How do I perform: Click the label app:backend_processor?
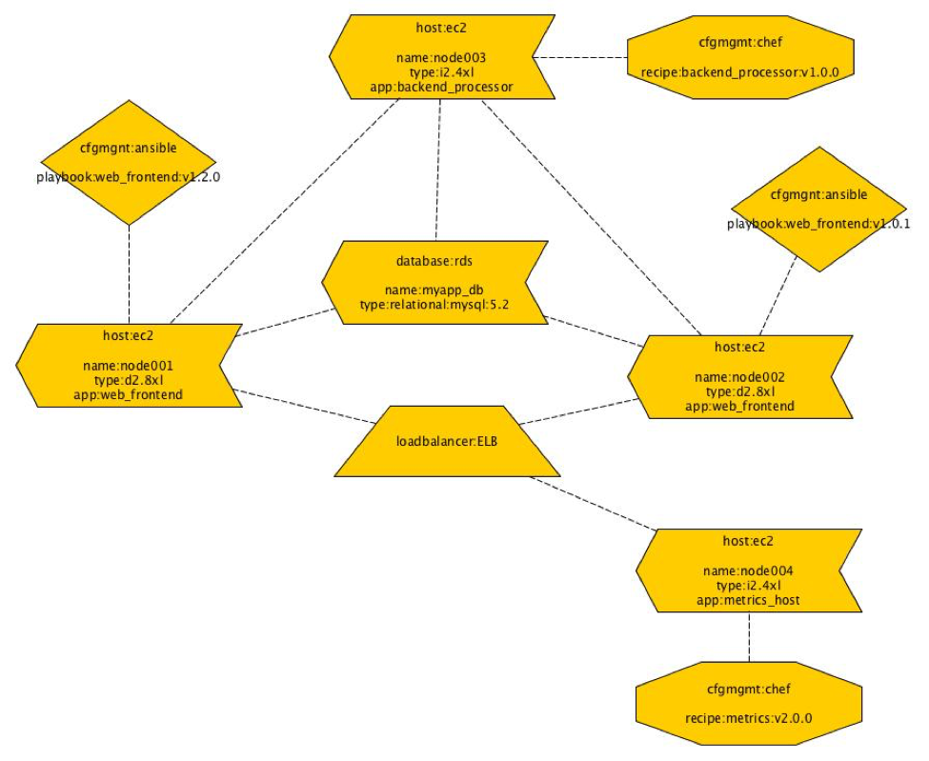(442, 87)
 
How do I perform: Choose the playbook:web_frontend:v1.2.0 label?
(129, 177)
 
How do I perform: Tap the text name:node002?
(739, 377)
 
